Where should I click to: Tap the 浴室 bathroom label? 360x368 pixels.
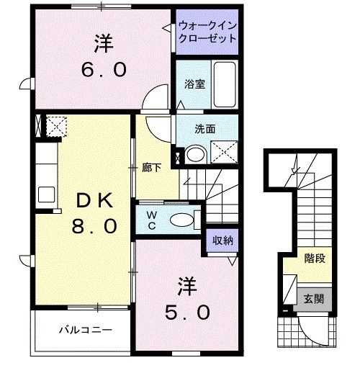click(x=194, y=84)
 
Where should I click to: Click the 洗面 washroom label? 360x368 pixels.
click(x=204, y=130)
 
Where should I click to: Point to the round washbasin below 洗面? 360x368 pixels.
click(x=194, y=154)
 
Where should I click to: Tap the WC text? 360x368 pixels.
click(x=152, y=218)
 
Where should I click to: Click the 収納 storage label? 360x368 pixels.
click(x=221, y=241)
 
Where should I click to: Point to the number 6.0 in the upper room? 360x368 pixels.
click(x=104, y=70)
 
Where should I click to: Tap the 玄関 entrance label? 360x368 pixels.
click(x=314, y=297)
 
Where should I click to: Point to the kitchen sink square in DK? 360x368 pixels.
click(x=47, y=193)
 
